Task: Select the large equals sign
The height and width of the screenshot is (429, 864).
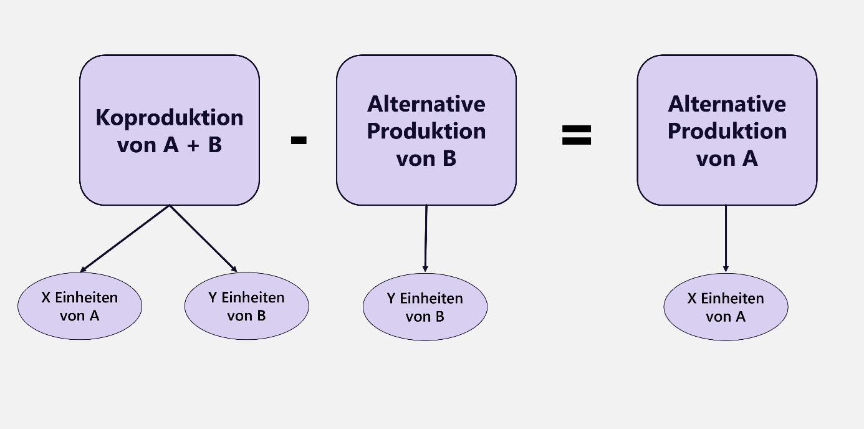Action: [577, 135]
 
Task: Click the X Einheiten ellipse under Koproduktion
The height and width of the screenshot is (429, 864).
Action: [80, 306]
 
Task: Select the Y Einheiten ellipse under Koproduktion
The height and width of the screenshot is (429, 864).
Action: [246, 306]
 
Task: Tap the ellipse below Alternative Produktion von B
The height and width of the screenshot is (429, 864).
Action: [425, 307]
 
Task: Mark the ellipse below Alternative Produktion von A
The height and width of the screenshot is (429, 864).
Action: [726, 307]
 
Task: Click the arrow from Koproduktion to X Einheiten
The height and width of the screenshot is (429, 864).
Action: [125, 239]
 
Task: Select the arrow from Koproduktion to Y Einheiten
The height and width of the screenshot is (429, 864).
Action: [203, 239]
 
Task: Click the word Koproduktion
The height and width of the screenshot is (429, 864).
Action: [169, 117]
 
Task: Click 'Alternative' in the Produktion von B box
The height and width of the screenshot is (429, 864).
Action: [426, 104]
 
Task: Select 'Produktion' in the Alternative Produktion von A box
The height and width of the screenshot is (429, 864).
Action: [727, 131]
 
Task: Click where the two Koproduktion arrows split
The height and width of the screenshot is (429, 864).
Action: [170, 205]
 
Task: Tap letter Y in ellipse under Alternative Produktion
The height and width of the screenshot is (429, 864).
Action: [391, 299]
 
